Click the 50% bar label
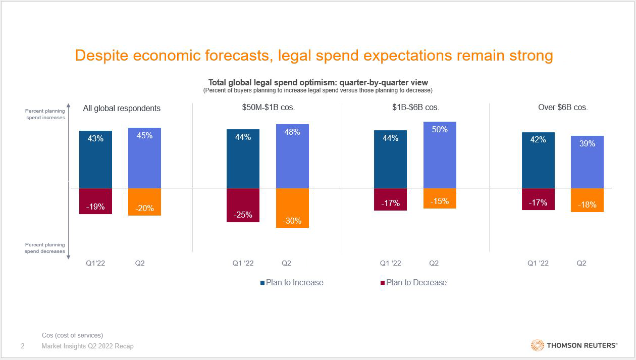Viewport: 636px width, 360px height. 440,130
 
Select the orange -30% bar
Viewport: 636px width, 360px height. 292,208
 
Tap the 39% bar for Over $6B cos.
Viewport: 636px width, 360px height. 587,162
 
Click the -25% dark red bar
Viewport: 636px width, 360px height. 243,205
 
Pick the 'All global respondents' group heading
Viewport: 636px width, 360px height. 122,108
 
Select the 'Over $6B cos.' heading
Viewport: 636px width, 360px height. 563,108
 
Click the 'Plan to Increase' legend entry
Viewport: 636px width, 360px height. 292,283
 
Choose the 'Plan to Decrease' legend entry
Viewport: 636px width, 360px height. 413,283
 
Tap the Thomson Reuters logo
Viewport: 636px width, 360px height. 574,346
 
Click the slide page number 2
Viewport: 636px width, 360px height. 22,346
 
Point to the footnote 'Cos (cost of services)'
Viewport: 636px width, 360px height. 72,335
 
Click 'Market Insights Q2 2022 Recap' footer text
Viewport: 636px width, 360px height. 87,346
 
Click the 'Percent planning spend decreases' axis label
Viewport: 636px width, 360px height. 45,248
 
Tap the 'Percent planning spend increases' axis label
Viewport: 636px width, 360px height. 45,114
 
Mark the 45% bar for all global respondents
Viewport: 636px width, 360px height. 144,158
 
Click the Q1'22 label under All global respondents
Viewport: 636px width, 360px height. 94,264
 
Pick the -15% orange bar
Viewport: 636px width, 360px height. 440,198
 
